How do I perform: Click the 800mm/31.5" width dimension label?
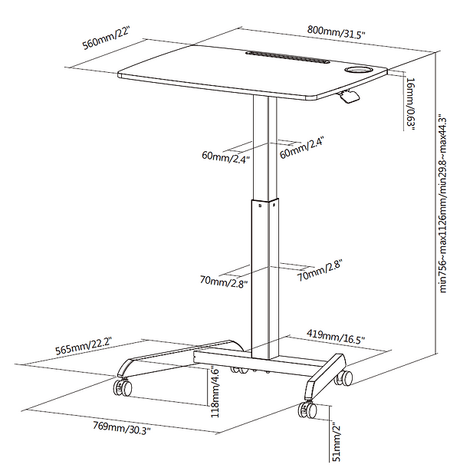(x=337, y=34)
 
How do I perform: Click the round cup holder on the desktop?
(x=358, y=71)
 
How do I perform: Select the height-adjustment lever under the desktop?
(x=349, y=96)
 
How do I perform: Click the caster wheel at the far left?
(x=121, y=387)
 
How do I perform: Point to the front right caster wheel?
(x=306, y=408)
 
